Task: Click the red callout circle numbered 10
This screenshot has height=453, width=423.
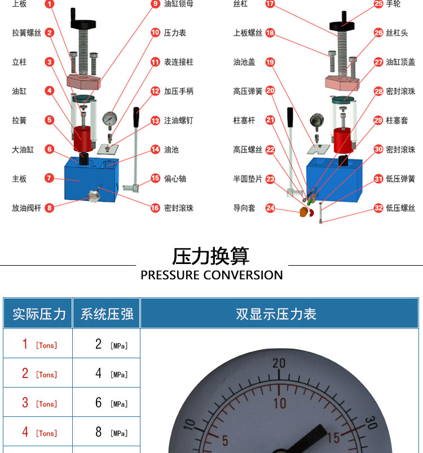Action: pyautogui.click(x=155, y=32)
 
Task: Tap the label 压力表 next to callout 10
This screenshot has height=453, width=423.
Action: pyautogui.click(x=175, y=33)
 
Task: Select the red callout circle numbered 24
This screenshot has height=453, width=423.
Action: pyautogui.click(x=270, y=208)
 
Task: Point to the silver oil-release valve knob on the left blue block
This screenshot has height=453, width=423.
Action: pyautogui.click(x=94, y=196)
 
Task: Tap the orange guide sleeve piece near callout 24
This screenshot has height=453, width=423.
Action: pyautogui.click(x=303, y=212)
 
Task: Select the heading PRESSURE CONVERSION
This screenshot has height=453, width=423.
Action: pyautogui.click(x=211, y=275)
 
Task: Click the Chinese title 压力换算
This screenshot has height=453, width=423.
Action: pyautogui.click(x=211, y=256)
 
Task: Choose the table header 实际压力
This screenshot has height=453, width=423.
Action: pyautogui.click(x=39, y=314)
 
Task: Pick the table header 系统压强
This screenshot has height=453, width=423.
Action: pyautogui.click(x=107, y=314)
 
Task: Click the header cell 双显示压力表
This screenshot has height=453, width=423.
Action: pyautogui.click(x=276, y=314)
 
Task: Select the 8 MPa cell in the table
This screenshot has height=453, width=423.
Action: pyautogui.click(x=107, y=432)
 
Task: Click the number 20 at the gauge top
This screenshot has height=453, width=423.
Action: pyautogui.click(x=279, y=363)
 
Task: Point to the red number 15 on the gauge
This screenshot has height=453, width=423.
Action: pyautogui.click(x=334, y=438)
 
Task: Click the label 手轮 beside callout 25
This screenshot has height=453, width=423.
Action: pyautogui.click(x=393, y=4)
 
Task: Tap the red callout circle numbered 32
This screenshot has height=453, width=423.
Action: pyautogui.click(x=378, y=208)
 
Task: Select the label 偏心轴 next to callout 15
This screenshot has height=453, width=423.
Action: pyautogui.click(x=175, y=178)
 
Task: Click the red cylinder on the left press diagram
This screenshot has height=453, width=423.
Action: pyautogui.click(x=82, y=139)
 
